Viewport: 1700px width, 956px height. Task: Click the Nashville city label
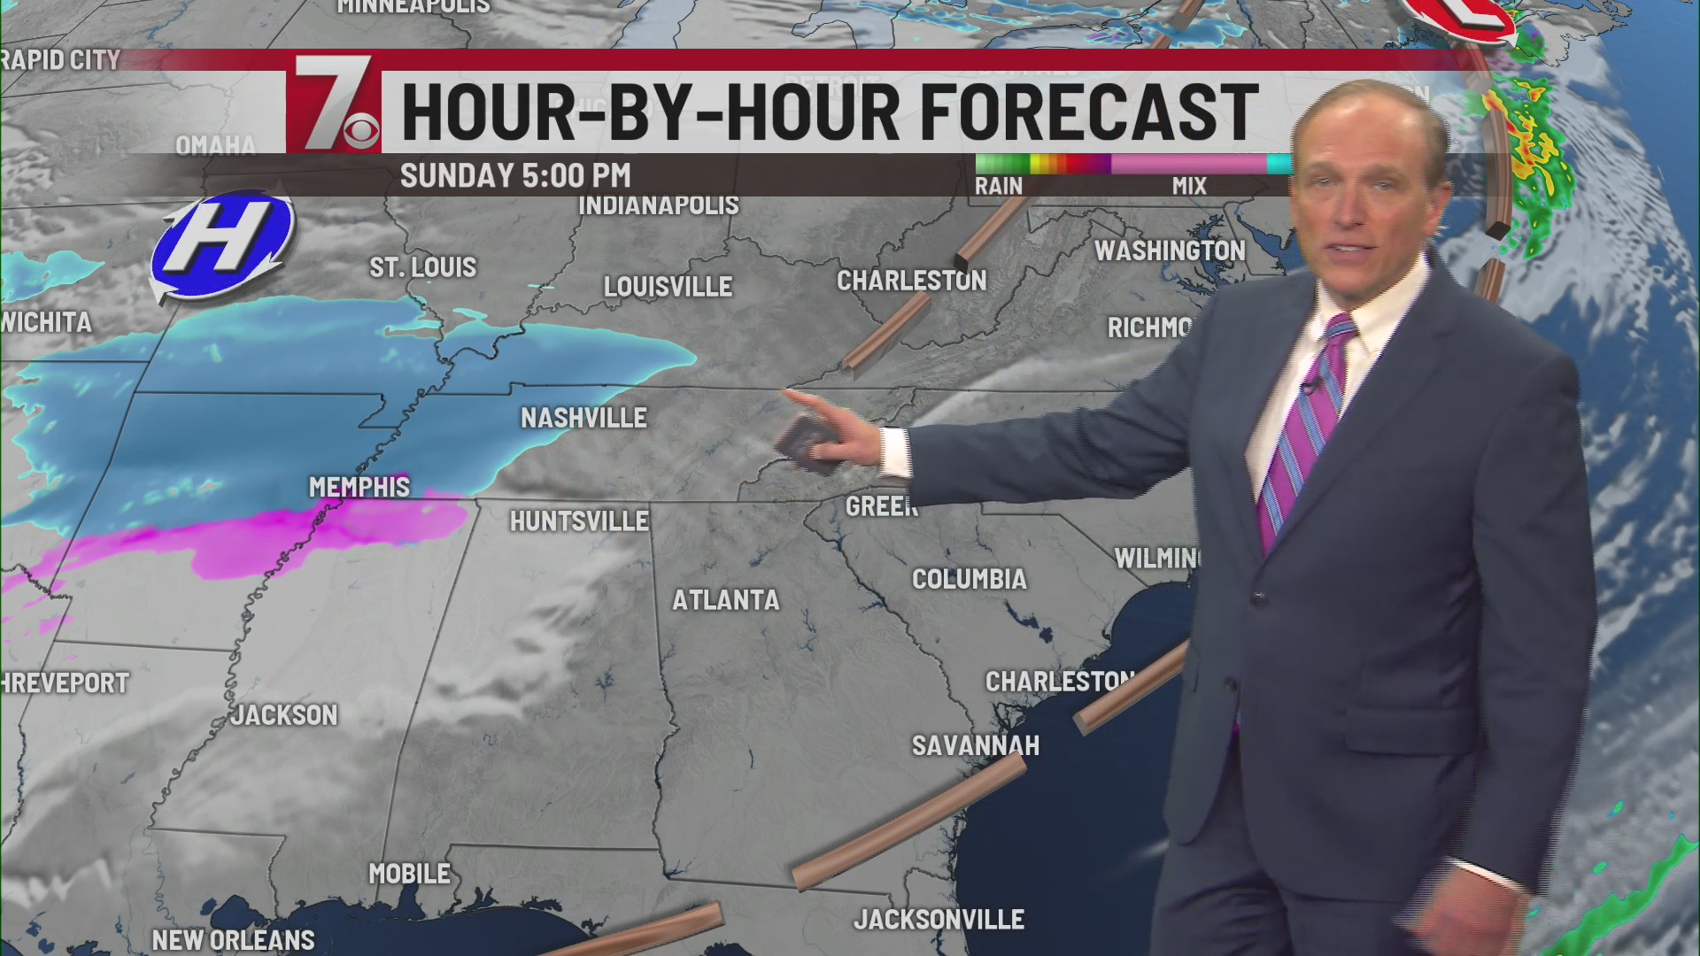coord(583,418)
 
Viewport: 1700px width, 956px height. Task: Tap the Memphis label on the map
coord(359,487)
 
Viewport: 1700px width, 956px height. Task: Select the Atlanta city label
coord(726,600)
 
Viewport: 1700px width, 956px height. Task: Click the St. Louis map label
coord(422,267)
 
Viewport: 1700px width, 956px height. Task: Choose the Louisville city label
coord(668,287)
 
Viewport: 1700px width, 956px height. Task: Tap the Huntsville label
coord(579,521)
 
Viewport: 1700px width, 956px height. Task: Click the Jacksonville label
coord(939,920)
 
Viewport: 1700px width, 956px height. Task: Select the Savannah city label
coord(975,745)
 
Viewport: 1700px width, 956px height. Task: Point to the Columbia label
coord(970,579)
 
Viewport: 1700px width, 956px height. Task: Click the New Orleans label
coord(233,939)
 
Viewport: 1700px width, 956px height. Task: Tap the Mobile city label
coord(409,874)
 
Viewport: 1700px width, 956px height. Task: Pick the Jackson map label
coord(284,714)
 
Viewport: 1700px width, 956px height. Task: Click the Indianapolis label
coord(658,205)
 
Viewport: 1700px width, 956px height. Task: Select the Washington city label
coord(1170,251)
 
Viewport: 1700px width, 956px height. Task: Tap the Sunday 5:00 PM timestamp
coord(515,175)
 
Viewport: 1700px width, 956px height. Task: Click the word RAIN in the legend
coord(998,186)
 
